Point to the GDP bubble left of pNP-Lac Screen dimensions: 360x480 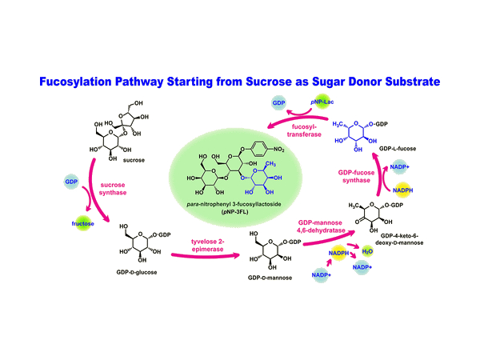278,105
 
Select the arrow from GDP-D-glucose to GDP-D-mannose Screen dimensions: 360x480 204,258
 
